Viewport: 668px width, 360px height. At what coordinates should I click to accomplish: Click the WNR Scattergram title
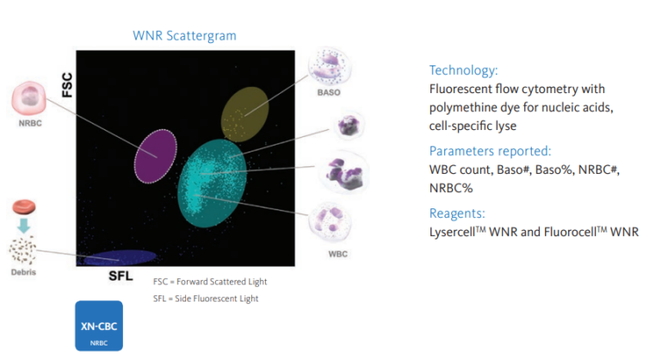pos(184,35)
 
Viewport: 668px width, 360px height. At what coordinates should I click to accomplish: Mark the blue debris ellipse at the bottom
pos(121,257)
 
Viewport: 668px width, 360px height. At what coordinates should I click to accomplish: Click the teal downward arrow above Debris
pos(23,227)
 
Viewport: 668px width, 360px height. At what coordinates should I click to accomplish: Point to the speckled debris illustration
pos(23,251)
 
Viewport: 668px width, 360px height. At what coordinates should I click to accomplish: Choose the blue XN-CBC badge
pos(99,326)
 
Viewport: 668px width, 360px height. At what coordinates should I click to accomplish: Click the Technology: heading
pos(463,71)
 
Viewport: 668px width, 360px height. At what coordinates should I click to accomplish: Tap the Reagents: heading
pos(458,212)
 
